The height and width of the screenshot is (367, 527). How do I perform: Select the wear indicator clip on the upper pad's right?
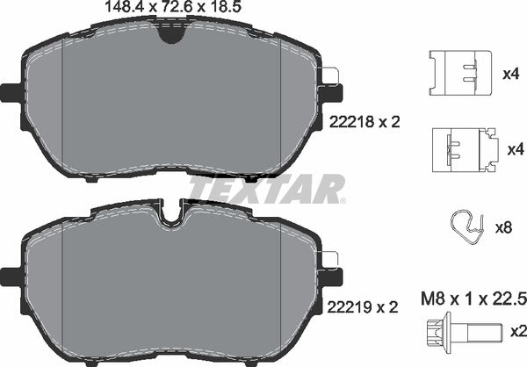click(332, 79)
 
